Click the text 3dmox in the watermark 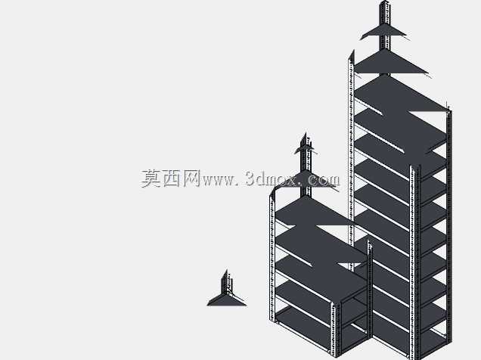[x=272, y=178]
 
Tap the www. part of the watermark [x=220, y=180]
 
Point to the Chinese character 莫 [x=151, y=178]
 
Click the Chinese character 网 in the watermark [x=192, y=178]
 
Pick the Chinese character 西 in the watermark [x=172, y=178]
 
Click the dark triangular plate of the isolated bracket [x=226, y=300]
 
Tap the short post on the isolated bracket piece [x=226, y=282]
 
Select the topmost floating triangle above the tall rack [x=383, y=32]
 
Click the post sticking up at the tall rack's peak [x=385, y=24]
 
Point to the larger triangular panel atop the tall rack [x=390, y=63]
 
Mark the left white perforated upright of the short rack [x=272, y=258]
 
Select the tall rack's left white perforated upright [x=351, y=160]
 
